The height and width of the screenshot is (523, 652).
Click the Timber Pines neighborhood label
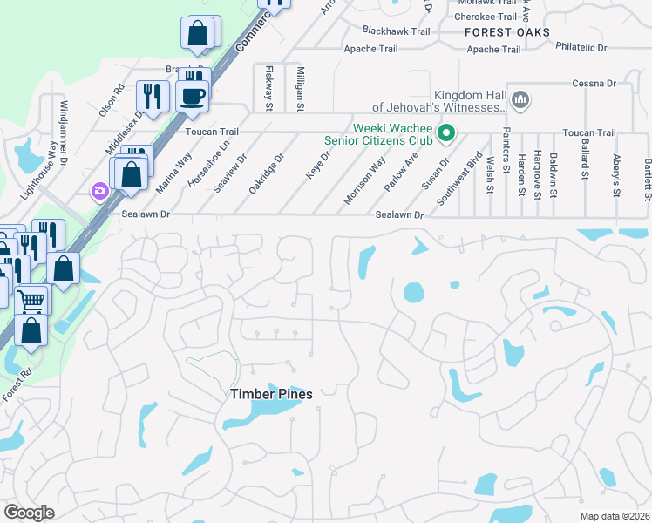(x=271, y=394)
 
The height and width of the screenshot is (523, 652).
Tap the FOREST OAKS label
(x=507, y=32)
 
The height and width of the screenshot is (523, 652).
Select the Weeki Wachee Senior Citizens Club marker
(x=446, y=133)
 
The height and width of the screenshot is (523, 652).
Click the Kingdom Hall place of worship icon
(x=521, y=100)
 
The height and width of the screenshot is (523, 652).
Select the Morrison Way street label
(x=364, y=180)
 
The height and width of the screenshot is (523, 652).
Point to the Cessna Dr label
(x=594, y=84)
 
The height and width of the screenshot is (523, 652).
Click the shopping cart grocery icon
(x=31, y=301)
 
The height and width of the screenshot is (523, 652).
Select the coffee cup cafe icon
(x=193, y=95)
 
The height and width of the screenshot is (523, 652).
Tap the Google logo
(x=30, y=513)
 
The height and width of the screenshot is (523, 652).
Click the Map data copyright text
(x=615, y=516)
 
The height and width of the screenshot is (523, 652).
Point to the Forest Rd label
(x=16, y=384)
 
